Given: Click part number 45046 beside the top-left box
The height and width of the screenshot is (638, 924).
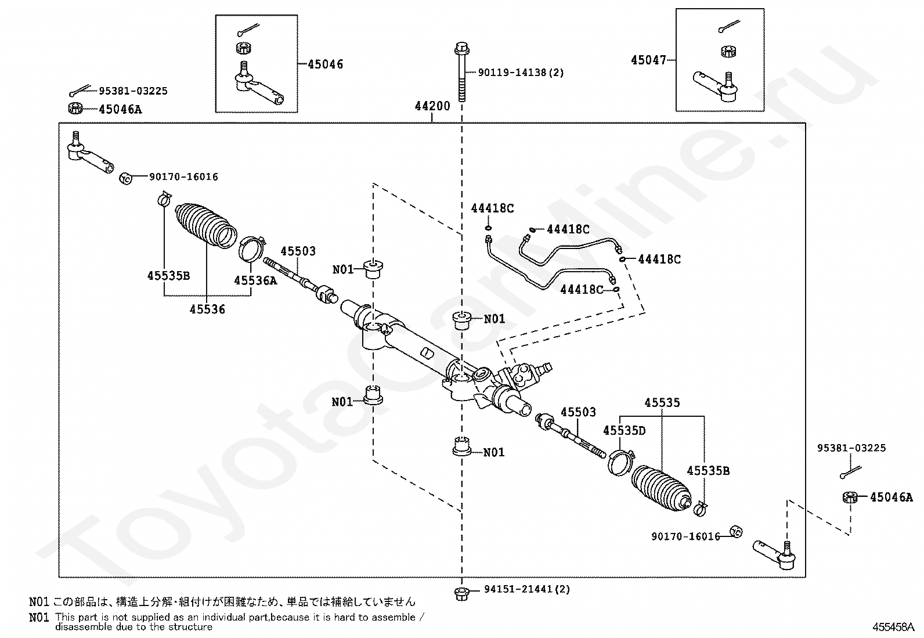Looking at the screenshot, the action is pyautogui.click(x=325, y=64).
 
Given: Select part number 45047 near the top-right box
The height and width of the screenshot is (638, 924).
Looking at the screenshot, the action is pyautogui.click(x=649, y=60).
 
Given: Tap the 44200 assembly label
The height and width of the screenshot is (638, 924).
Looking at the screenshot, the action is pyautogui.click(x=432, y=106).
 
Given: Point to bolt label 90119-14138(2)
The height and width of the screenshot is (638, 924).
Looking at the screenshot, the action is pyautogui.click(x=521, y=73).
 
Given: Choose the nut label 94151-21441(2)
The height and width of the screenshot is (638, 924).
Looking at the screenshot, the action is pyautogui.click(x=527, y=589).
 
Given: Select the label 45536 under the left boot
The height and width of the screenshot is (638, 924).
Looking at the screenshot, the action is pyautogui.click(x=207, y=309).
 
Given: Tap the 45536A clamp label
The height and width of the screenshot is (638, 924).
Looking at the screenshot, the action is pyautogui.click(x=255, y=280).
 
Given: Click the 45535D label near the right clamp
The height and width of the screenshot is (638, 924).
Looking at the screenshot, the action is pyautogui.click(x=624, y=430).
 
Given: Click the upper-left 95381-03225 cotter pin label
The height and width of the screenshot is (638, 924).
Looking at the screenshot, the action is pyautogui.click(x=133, y=91).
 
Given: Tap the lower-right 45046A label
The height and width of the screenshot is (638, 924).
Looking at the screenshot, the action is pyautogui.click(x=891, y=497).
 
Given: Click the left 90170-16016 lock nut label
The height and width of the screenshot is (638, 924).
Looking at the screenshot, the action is pyautogui.click(x=183, y=177).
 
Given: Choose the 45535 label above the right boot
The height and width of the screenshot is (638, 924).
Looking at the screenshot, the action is pyautogui.click(x=662, y=402).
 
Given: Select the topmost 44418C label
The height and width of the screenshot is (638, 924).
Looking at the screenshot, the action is pyautogui.click(x=492, y=208).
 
